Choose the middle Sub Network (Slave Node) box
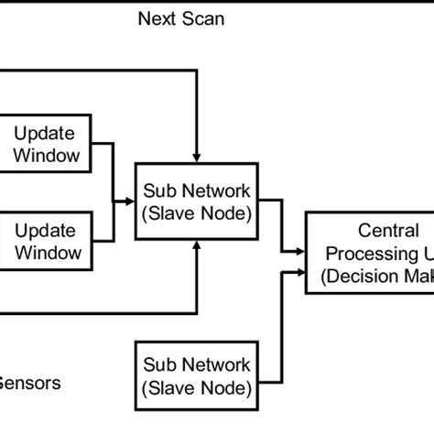coord(197,201)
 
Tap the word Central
coord(376,230)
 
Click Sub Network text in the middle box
coord(197,191)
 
